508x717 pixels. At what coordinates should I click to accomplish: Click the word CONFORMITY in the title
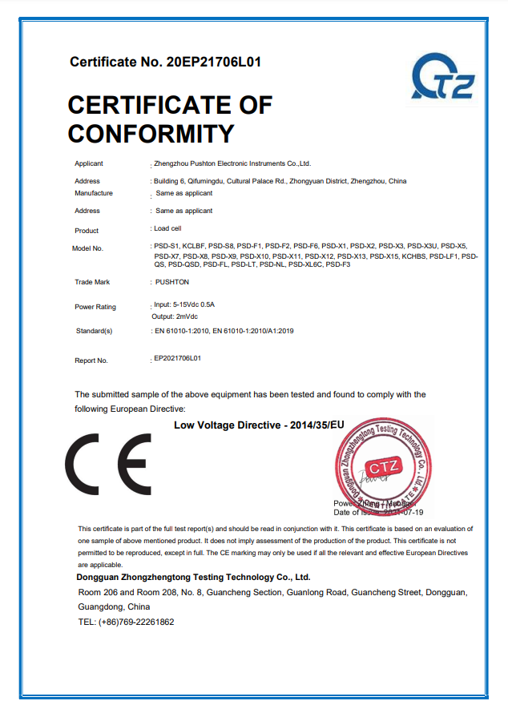[151, 132]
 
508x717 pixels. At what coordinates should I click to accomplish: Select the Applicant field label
[88, 163]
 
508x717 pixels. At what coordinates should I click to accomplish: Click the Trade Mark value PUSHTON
[172, 282]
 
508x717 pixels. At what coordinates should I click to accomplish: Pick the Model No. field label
[87, 248]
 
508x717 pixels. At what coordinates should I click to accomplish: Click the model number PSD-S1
[165, 245]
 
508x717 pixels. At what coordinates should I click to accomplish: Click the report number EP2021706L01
[177, 358]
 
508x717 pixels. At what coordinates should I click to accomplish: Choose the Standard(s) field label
[94, 331]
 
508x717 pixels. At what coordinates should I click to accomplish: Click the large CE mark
[107, 464]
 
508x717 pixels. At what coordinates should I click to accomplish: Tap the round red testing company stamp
[382, 464]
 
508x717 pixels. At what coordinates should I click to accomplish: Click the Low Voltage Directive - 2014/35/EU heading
[258, 425]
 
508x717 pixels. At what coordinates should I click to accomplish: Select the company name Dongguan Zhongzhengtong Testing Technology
[192, 577]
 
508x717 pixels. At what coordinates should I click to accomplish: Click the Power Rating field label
[95, 307]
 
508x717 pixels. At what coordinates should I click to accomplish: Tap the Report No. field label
[91, 361]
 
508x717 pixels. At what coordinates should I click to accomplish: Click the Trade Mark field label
[92, 282]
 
